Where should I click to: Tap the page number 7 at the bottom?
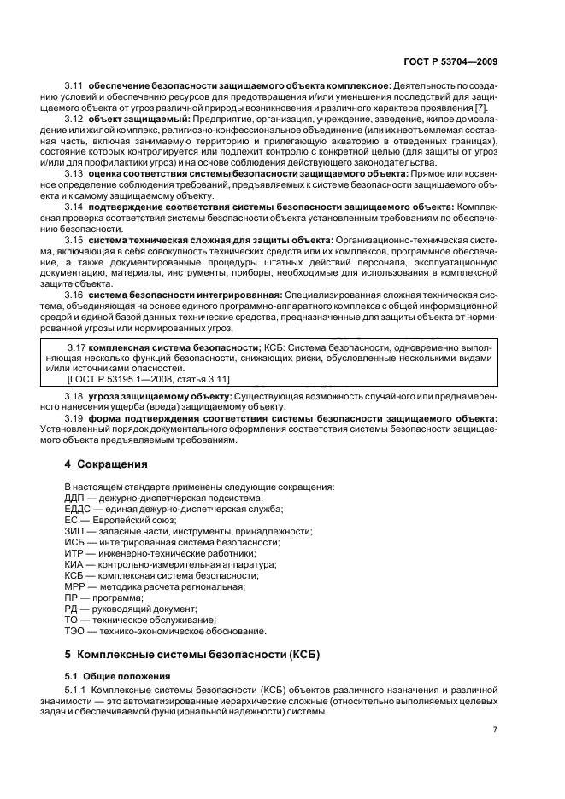pos(495,730)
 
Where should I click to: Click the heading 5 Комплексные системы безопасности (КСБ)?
pos(182,654)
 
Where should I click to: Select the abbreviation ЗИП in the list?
pos(76,531)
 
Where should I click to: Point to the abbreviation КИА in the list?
pos(76,564)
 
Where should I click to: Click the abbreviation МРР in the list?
pos(77,586)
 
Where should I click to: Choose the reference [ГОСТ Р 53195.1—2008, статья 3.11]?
pos(148,378)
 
